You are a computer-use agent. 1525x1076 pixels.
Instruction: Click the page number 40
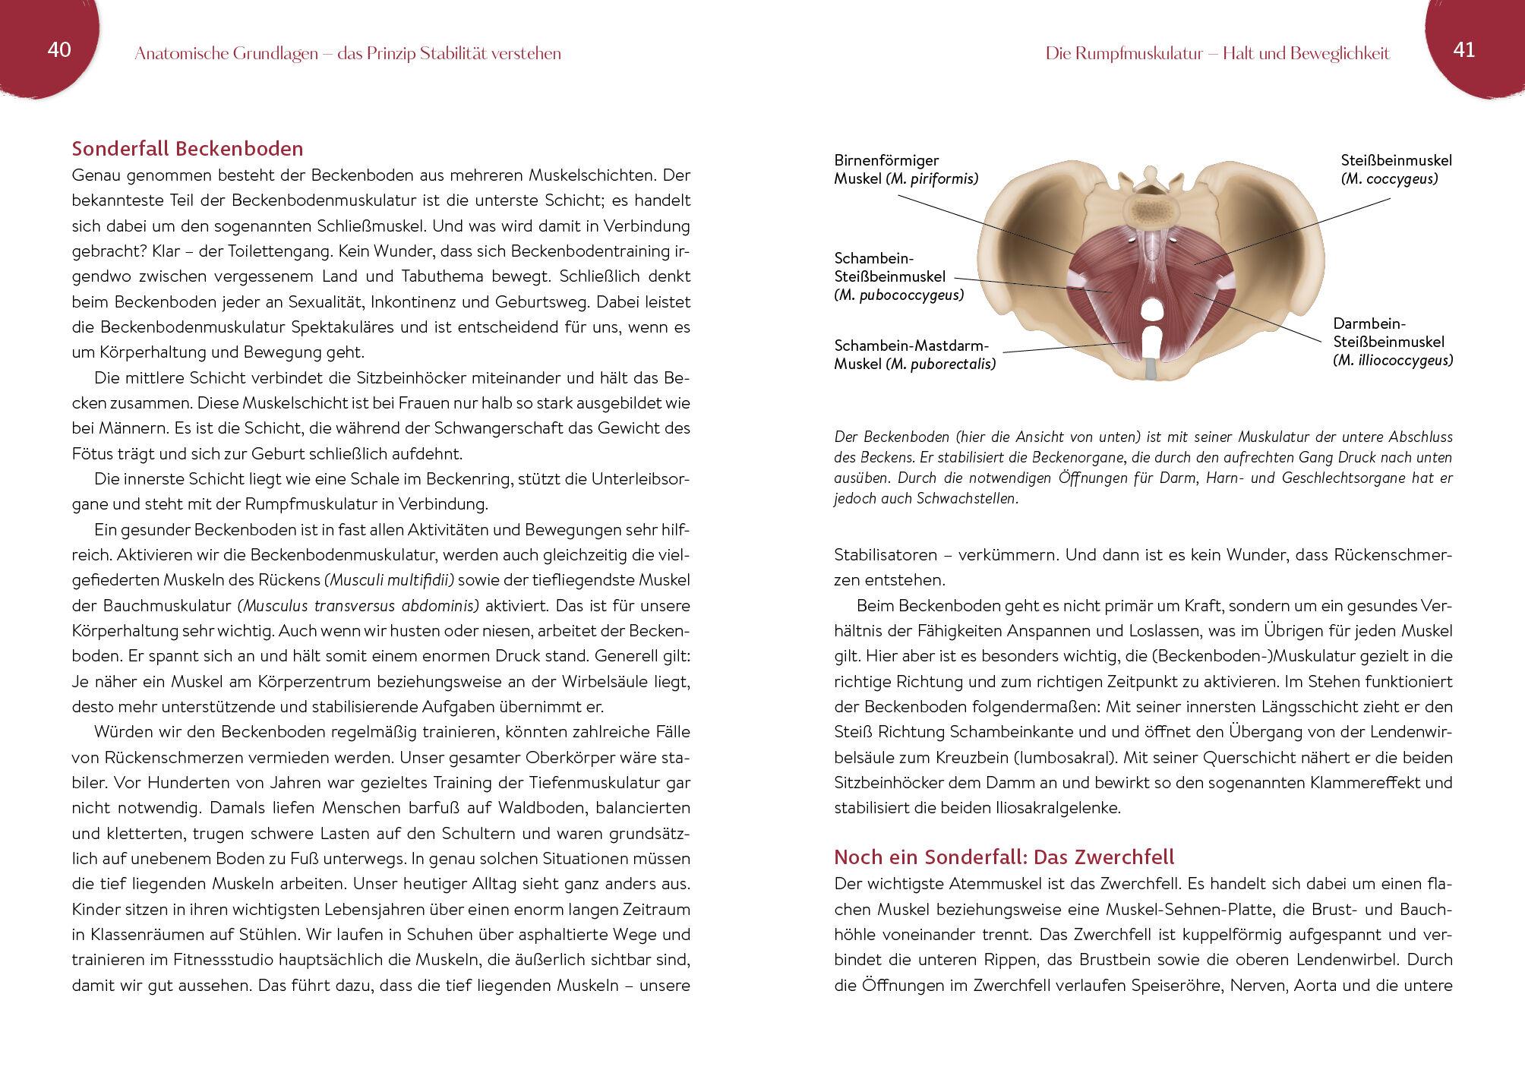pyautogui.click(x=59, y=50)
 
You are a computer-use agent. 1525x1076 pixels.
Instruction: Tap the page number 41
pyautogui.click(x=1463, y=50)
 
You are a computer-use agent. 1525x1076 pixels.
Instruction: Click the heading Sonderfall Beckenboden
pyautogui.click(x=187, y=149)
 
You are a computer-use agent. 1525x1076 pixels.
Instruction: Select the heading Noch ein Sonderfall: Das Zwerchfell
pyautogui.click(x=1003, y=857)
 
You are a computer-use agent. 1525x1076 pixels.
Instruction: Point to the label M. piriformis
pyautogui.click(x=932, y=179)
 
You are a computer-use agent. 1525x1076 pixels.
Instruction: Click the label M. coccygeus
pyautogui.click(x=1389, y=179)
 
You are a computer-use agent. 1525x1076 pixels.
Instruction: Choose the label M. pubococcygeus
pyautogui.click(x=899, y=295)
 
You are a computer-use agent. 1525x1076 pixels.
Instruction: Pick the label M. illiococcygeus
pyautogui.click(x=1393, y=361)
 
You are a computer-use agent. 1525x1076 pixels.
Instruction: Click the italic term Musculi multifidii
pyautogui.click(x=390, y=581)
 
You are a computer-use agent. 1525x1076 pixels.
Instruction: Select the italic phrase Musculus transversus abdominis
pyautogui.click(x=358, y=606)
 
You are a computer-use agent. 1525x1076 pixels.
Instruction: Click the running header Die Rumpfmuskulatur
pyautogui.click(x=1123, y=53)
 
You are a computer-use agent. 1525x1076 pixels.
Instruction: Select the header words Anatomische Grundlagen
pyautogui.click(x=226, y=53)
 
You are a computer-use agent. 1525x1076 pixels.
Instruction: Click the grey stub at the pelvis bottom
pyautogui.click(x=1151, y=369)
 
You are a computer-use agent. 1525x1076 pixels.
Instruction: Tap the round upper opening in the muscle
pyautogui.click(x=1152, y=308)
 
